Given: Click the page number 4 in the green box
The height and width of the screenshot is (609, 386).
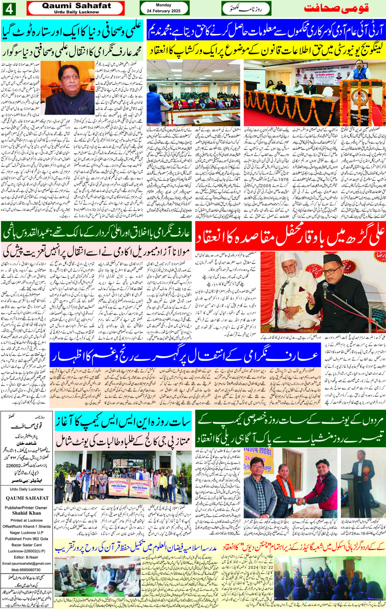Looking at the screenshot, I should click(9, 8).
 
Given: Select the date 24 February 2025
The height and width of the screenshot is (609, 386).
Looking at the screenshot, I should click(163, 11).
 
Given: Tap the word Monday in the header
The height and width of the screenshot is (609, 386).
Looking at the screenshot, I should click(163, 5).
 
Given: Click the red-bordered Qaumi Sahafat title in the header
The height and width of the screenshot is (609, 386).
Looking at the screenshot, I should click(76, 8).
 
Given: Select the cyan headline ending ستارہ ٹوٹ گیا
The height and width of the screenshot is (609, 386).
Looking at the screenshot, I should click(72, 29).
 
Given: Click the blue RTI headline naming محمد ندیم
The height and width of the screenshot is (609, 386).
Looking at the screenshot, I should click(266, 30).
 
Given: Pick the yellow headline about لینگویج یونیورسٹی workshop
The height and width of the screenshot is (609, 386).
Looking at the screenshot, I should click(266, 49).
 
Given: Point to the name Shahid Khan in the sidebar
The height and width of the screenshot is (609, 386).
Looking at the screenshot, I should click(27, 513).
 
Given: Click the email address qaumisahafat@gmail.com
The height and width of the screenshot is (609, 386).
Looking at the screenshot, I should click(27, 563).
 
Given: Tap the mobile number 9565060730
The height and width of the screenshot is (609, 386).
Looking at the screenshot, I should click(26, 569).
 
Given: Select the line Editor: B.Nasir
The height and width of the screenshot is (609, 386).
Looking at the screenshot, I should click(26, 557).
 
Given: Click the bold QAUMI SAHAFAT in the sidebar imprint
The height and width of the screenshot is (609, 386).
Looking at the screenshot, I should click(27, 498).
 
